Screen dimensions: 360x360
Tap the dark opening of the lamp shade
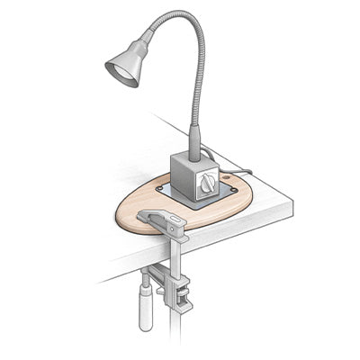pos(121,72)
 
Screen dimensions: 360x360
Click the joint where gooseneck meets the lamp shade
pos(144,40)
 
